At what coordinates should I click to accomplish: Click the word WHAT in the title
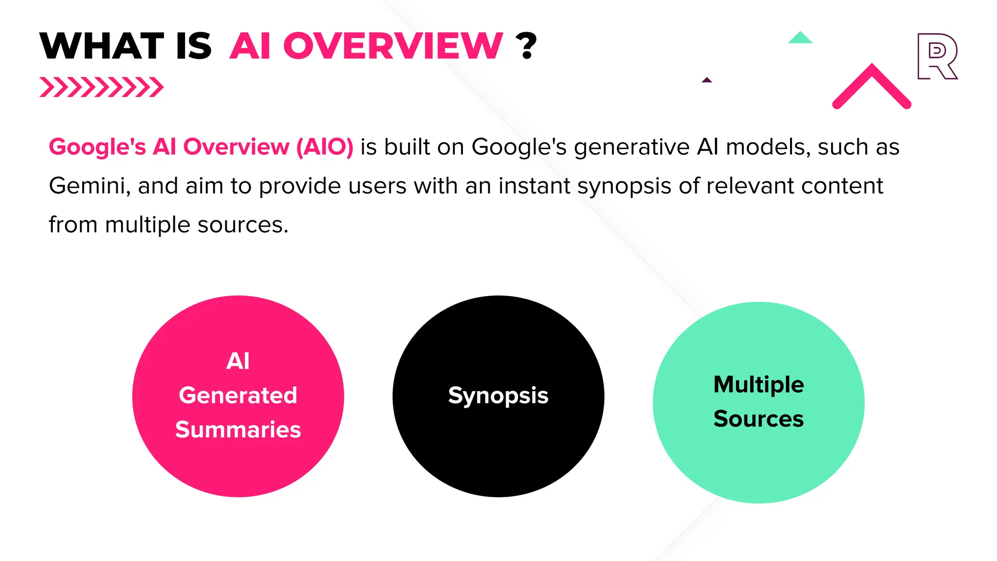(x=102, y=46)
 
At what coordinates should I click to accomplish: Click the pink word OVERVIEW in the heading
(x=392, y=46)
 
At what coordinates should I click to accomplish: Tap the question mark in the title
(x=526, y=46)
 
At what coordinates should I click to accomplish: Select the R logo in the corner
(x=937, y=56)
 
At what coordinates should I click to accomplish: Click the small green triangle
(x=800, y=38)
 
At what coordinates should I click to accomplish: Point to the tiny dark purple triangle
(x=707, y=80)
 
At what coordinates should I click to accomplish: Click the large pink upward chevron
(x=871, y=87)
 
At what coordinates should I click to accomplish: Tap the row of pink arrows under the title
(x=101, y=87)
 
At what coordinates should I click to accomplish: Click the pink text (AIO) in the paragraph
(x=325, y=147)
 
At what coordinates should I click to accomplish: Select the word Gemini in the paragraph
(x=89, y=186)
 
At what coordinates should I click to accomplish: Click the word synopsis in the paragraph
(x=624, y=186)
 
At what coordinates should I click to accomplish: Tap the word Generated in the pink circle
(x=238, y=395)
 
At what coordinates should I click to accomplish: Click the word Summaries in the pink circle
(x=238, y=430)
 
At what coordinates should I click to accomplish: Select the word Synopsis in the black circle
(x=498, y=395)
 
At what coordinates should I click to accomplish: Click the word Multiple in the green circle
(x=758, y=385)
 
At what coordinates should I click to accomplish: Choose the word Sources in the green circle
(x=758, y=419)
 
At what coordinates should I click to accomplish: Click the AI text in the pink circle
(x=238, y=361)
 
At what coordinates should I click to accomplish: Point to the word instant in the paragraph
(x=534, y=186)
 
